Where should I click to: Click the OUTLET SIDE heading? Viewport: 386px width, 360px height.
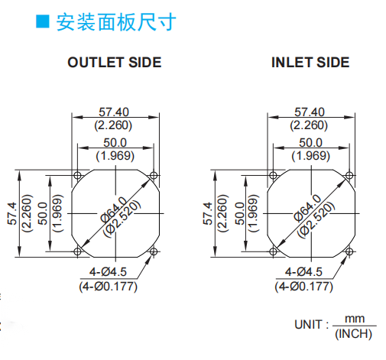coord(115,63)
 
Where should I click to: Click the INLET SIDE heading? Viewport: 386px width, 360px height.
coord(310,63)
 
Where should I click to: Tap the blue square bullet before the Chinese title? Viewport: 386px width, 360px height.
coord(42,21)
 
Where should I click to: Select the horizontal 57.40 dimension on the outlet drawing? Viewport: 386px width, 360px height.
coord(114,112)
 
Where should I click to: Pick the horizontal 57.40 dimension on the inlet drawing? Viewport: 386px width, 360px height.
coord(310,112)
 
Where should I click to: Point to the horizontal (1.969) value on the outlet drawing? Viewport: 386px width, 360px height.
coord(115,156)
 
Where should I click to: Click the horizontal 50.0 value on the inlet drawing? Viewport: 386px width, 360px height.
coord(311,142)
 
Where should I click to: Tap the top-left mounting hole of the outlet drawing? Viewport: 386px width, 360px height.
coord(77,175)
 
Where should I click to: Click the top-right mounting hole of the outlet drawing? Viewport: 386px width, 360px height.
coord(154,175)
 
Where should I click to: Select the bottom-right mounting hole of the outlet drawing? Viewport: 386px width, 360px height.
coord(154,251)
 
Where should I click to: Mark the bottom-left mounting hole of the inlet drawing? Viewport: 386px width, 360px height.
coord(273,251)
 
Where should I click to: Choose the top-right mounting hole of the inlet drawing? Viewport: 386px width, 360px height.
coord(349,175)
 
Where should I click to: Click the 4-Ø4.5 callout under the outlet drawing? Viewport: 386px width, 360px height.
coord(108,272)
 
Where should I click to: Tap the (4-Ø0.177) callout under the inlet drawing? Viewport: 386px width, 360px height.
coord(303,287)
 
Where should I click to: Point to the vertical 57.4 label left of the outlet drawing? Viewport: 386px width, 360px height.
coord(12,213)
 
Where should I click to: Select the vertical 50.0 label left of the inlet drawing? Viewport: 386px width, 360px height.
coord(239,213)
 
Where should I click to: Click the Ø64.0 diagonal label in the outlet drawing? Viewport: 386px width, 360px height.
coord(114,209)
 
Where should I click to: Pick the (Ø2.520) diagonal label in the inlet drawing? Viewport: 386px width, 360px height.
coord(316,219)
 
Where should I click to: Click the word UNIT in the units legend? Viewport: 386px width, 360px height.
coord(308,325)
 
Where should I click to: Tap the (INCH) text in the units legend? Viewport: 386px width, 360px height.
coord(354,334)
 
